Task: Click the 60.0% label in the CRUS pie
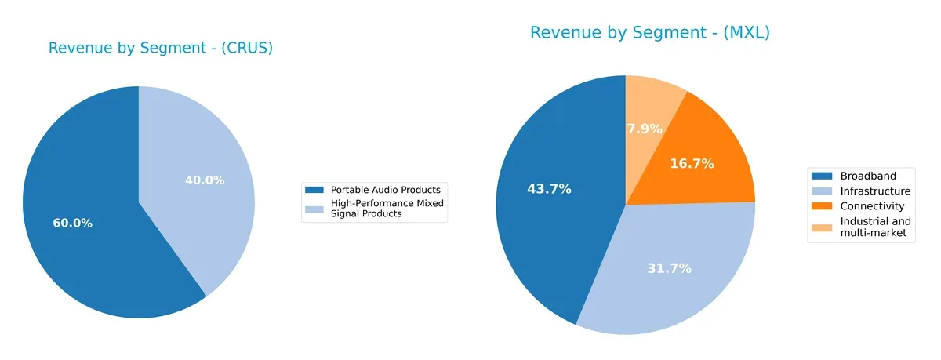[73, 223]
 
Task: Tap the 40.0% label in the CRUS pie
[205, 180]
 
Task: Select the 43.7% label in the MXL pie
[550, 189]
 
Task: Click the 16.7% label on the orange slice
[692, 164]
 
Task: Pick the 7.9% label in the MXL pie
[645, 129]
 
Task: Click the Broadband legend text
[867, 176]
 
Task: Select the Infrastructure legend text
[875, 191]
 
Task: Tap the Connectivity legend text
[872, 206]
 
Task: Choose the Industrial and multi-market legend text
[875, 227]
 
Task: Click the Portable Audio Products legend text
[385, 190]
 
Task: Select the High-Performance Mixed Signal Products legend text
[387, 209]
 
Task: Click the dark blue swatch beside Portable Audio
[314, 190]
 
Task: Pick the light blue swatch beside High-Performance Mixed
[314, 205]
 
